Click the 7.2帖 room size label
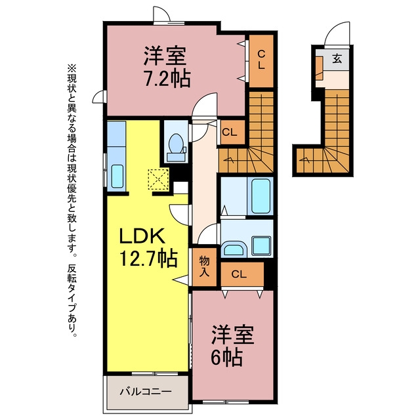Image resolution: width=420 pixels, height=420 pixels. (167, 79)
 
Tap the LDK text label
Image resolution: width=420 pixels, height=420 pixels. (142, 236)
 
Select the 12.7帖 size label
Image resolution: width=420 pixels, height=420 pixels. (148, 259)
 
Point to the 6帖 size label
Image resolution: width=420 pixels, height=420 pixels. (226, 357)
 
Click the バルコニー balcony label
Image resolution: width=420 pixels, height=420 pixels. (146, 392)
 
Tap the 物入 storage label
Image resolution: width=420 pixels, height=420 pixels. (205, 266)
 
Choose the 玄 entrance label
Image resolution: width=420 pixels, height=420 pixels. (337, 58)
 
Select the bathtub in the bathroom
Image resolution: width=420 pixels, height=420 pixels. (261, 196)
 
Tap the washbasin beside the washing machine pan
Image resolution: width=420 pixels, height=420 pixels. (234, 248)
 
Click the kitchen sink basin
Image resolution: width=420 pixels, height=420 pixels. (117, 176)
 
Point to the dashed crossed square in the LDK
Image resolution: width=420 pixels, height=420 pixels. (158, 179)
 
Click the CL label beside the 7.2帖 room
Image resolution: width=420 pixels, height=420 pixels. (261, 60)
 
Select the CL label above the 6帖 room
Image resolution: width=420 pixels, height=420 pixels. (239, 274)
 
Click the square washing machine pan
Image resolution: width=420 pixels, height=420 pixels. (261, 245)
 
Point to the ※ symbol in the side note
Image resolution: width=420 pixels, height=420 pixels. (72, 68)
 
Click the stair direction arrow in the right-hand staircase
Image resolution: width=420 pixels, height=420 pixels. (305, 160)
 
